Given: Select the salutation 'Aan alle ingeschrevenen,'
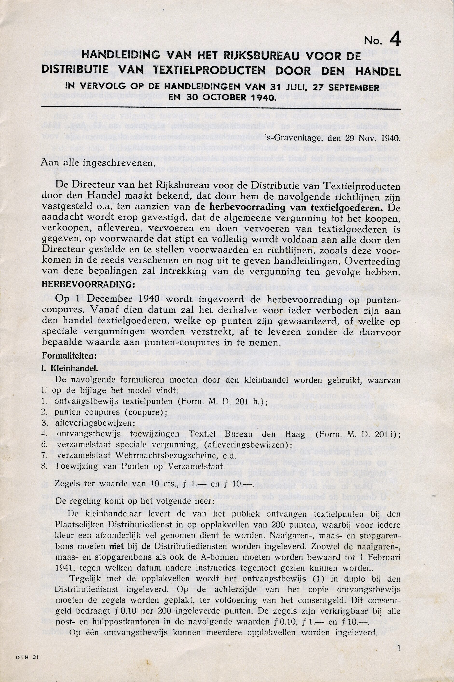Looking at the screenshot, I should click(x=96, y=163).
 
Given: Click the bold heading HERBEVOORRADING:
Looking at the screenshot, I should click(x=88, y=284).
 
